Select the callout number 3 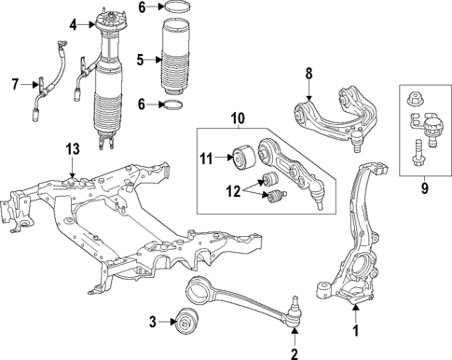[x=153, y=324]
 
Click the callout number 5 [x=141, y=61]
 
